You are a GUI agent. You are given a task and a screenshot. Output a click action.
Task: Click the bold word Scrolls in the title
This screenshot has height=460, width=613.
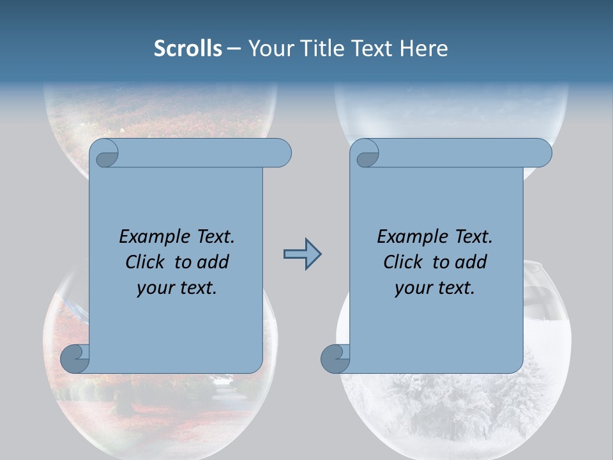[x=188, y=49]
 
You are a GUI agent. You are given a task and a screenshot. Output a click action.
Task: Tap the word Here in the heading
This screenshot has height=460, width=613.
[x=423, y=49]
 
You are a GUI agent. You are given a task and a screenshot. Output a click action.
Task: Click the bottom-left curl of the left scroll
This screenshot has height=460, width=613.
[x=75, y=359]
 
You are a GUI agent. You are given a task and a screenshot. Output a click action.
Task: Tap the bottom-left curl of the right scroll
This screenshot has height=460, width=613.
[x=335, y=359]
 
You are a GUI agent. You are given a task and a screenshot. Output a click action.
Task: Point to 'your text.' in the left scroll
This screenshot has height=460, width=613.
[x=177, y=288]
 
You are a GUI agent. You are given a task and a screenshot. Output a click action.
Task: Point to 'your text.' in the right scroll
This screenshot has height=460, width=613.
[x=435, y=288]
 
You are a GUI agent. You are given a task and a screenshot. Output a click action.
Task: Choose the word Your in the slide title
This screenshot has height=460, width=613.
[x=270, y=49]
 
